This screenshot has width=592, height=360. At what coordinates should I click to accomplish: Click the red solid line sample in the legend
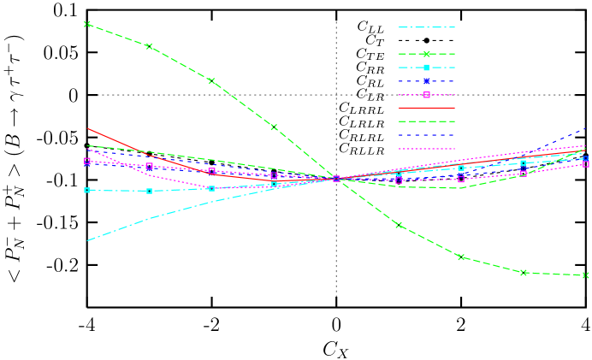tap(426, 108)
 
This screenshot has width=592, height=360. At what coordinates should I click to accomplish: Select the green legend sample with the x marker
tap(426, 54)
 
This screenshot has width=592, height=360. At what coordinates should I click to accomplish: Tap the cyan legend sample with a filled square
tap(426, 68)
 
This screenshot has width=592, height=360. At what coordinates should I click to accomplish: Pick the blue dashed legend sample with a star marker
tap(426, 81)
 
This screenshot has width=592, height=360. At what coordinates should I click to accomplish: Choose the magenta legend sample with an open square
tap(426, 95)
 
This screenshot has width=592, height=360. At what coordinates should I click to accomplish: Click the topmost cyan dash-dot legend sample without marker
tap(426, 27)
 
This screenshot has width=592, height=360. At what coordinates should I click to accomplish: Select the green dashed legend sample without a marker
tap(426, 121)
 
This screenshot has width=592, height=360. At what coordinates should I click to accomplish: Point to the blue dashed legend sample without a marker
tap(426, 135)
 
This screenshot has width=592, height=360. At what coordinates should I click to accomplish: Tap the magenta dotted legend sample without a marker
tap(426, 149)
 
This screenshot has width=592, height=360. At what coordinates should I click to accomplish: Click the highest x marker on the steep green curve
tap(87, 24)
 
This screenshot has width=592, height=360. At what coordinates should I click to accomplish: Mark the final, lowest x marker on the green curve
tap(586, 275)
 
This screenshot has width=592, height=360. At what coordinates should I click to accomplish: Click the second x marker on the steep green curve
tap(150, 46)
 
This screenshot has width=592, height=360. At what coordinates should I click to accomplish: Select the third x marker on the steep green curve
tap(211, 81)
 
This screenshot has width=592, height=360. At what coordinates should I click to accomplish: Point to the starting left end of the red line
tap(87, 128)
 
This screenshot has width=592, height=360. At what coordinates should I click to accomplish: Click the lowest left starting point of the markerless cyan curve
tap(87, 240)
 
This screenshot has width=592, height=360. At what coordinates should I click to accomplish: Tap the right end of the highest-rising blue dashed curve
tap(586, 129)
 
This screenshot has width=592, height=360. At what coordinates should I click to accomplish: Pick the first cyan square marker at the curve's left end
tap(87, 190)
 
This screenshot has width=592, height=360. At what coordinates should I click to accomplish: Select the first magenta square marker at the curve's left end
tap(87, 161)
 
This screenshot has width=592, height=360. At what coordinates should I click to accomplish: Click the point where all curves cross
tap(336, 179)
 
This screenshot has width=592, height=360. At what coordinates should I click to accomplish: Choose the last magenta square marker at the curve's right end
tap(586, 163)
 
